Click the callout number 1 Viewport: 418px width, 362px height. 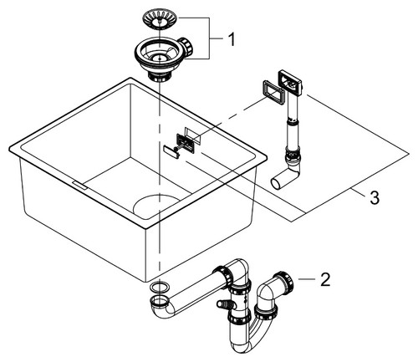coord(231,39)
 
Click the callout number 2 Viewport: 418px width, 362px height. coord(325,279)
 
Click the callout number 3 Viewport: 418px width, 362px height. coord(375,197)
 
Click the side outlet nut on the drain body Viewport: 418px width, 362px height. coord(186,47)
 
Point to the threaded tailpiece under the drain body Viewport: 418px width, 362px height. coord(158,76)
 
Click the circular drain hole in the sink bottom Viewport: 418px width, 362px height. coord(155,206)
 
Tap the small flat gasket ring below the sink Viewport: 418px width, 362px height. coord(159,287)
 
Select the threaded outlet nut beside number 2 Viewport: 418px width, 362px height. coord(283,281)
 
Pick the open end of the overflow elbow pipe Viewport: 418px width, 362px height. coord(275,184)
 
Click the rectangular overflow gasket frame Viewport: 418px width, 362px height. coord(273,92)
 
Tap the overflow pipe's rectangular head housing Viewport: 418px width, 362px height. coord(290,83)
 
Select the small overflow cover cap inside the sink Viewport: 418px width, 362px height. coord(171,152)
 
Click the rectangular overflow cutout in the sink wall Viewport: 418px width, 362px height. coord(192,135)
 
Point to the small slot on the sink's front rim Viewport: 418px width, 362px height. coord(80,186)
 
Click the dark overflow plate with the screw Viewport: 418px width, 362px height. coord(185,143)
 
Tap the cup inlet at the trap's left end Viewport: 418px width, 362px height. coord(159,302)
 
